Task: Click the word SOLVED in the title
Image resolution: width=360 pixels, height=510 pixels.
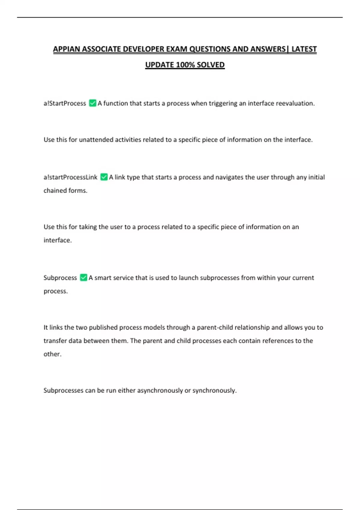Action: coord(211,65)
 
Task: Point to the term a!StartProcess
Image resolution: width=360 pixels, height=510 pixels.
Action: coord(65,103)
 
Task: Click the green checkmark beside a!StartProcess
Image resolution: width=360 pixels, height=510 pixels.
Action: coord(93,103)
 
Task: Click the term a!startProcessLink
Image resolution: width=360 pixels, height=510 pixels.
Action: coord(70,177)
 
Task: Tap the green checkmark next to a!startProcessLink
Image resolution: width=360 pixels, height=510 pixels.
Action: coord(104,177)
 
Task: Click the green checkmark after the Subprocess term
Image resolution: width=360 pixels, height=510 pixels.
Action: coord(84,277)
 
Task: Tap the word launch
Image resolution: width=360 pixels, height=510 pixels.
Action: coord(188,278)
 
